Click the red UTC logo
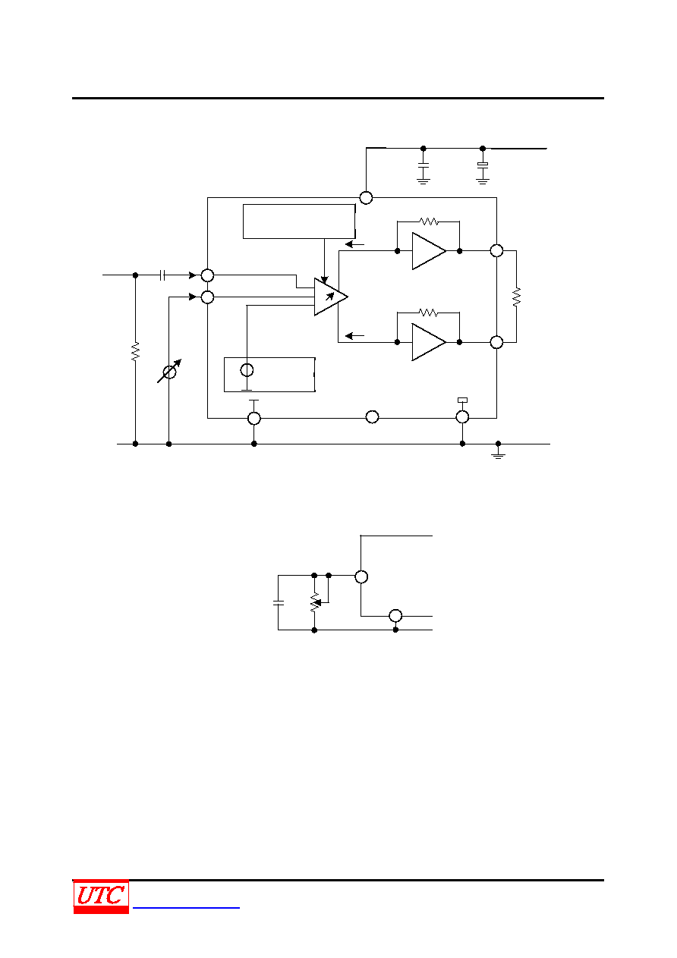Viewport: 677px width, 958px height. (x=101, y=896)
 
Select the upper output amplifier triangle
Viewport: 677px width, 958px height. (x=428, y=251)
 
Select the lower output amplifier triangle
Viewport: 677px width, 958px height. (x=428, y=342)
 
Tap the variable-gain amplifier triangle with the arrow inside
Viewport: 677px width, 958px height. (x=330, y=297)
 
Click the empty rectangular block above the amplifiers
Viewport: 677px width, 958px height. (x=299, y=221)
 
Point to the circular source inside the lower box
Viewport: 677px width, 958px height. (x=247, y=370)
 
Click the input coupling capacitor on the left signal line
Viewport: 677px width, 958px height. (x=162, y=275)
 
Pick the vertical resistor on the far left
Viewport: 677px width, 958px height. (x=135, y=351)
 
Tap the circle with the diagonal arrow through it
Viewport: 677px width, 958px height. (x=169, y=371)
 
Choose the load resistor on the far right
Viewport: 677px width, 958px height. (x=517, y=297)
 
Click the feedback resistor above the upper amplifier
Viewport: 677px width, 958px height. (x=428, y=221)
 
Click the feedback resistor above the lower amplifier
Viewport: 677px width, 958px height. (x=428, y=313)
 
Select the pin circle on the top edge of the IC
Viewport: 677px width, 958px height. (x=366, y=197)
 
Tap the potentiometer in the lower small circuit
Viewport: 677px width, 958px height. (x=315, y=602)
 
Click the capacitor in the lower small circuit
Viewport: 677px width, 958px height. (x=278, y=602)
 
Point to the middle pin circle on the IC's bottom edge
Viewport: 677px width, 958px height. (x=373, y=416)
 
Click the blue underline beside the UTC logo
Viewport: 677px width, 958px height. (x=186, y=907)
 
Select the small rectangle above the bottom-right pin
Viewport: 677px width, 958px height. (x=463, y=400)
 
